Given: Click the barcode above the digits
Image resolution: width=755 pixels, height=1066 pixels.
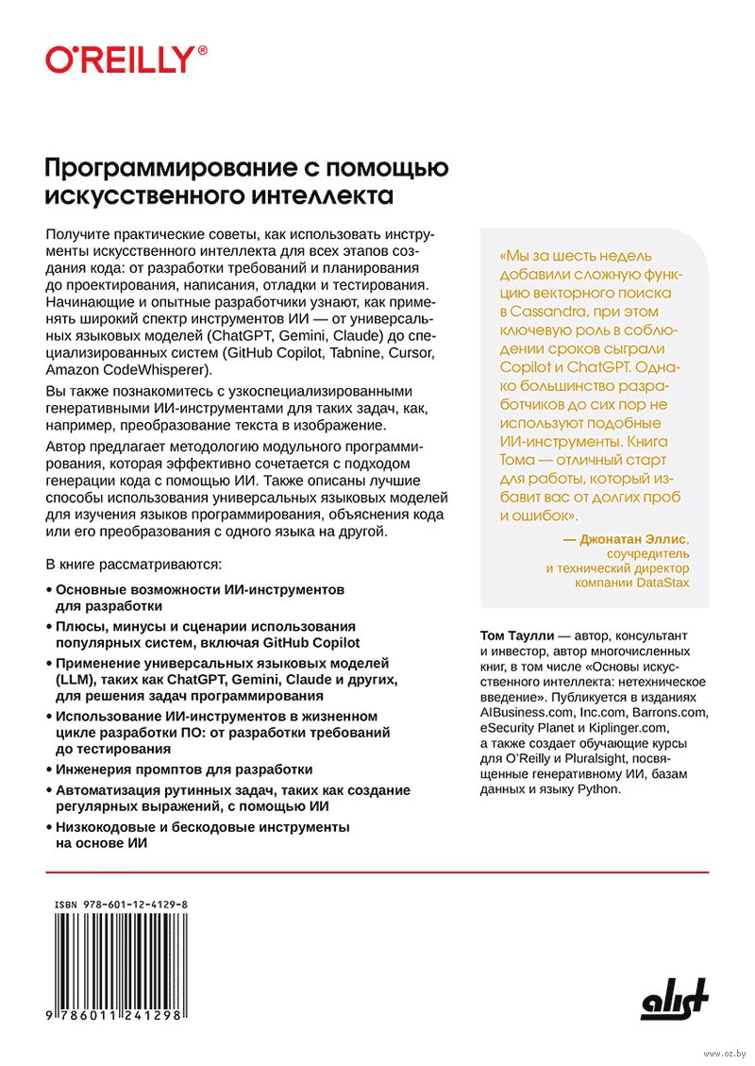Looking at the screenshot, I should click(120, 958).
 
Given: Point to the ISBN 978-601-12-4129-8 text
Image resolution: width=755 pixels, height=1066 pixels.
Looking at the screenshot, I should click(121, 905).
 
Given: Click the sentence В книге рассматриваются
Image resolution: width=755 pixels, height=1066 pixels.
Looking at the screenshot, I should click(133, 565).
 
